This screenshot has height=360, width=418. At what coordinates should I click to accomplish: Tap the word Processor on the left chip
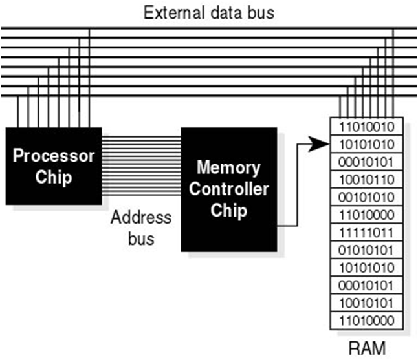(54, 156)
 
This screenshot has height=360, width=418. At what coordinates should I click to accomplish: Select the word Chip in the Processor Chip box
(54, 176)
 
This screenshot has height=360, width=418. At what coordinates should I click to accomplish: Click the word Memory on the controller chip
(228, 168)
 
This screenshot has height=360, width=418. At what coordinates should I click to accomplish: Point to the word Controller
(228, 189)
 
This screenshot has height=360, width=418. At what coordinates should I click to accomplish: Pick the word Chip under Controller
(228, 211)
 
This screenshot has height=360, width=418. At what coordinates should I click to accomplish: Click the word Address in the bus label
(140, 217)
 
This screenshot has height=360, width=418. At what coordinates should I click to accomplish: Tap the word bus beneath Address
(140, 238)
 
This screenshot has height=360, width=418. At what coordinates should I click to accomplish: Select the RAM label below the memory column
(367, 348)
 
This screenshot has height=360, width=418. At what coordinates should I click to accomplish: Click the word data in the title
(226, 12)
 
